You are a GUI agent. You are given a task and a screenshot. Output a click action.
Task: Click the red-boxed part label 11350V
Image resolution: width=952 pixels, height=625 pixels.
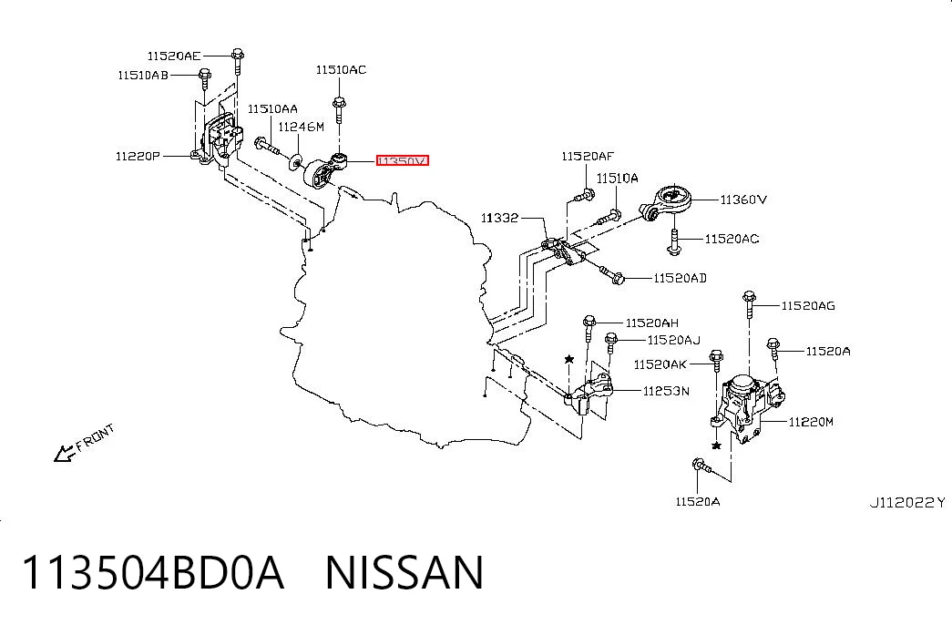[x=402, y=161]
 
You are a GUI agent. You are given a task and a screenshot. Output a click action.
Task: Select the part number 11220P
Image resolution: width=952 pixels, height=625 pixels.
[x=138, y=156]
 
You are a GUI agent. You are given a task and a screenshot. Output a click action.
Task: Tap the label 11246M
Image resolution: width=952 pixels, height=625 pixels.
[x=302, y=127]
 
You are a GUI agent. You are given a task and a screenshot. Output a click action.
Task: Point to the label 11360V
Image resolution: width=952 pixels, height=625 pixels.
[x=743, y=200]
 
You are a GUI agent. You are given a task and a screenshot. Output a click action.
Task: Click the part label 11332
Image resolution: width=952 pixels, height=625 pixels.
[x=499, y=218]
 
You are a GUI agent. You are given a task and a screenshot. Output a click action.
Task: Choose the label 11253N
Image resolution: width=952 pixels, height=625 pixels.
[x=666, y=391]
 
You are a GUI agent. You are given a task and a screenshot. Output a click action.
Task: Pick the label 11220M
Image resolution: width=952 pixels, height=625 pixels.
[x=811, y=421]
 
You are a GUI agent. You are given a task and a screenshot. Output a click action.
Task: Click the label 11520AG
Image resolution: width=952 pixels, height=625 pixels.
[x=807, y=305]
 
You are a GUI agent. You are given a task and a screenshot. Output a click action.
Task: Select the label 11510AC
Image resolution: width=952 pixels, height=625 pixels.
[x=341, y=70]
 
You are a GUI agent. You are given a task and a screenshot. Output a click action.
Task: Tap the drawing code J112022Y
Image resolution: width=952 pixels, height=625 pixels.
[x=907, y=502]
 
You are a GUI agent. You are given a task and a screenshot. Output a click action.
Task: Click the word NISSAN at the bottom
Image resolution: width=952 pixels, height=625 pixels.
[x=404, y=572]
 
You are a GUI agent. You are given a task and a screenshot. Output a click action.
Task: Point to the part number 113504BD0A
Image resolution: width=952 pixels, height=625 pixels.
[x=153, y=572]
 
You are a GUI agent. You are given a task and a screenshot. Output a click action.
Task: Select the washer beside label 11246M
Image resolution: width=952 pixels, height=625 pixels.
[x=296, y=161]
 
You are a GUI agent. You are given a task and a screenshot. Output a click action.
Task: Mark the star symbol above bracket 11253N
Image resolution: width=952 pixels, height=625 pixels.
[x=568, y=360]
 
